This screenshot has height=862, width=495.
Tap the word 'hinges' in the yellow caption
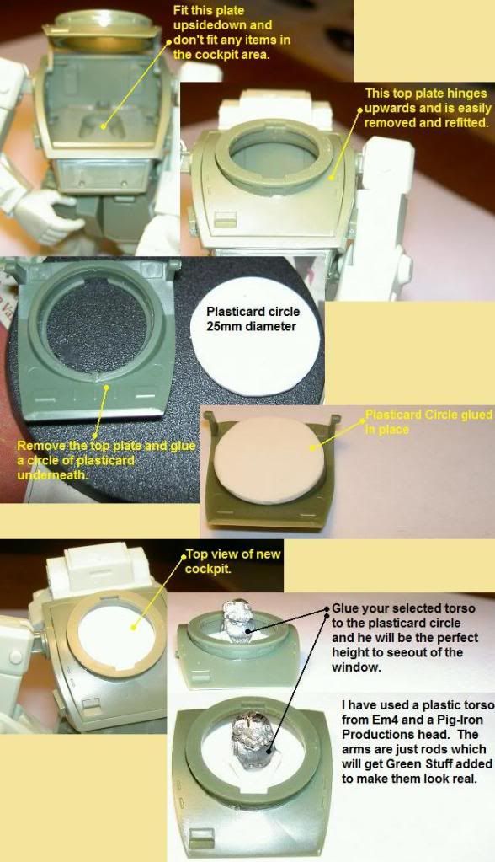click(x=468, y=94)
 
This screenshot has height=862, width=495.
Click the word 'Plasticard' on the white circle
click(x=233, y=311)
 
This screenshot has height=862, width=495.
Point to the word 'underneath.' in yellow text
click(x=52, y=474)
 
